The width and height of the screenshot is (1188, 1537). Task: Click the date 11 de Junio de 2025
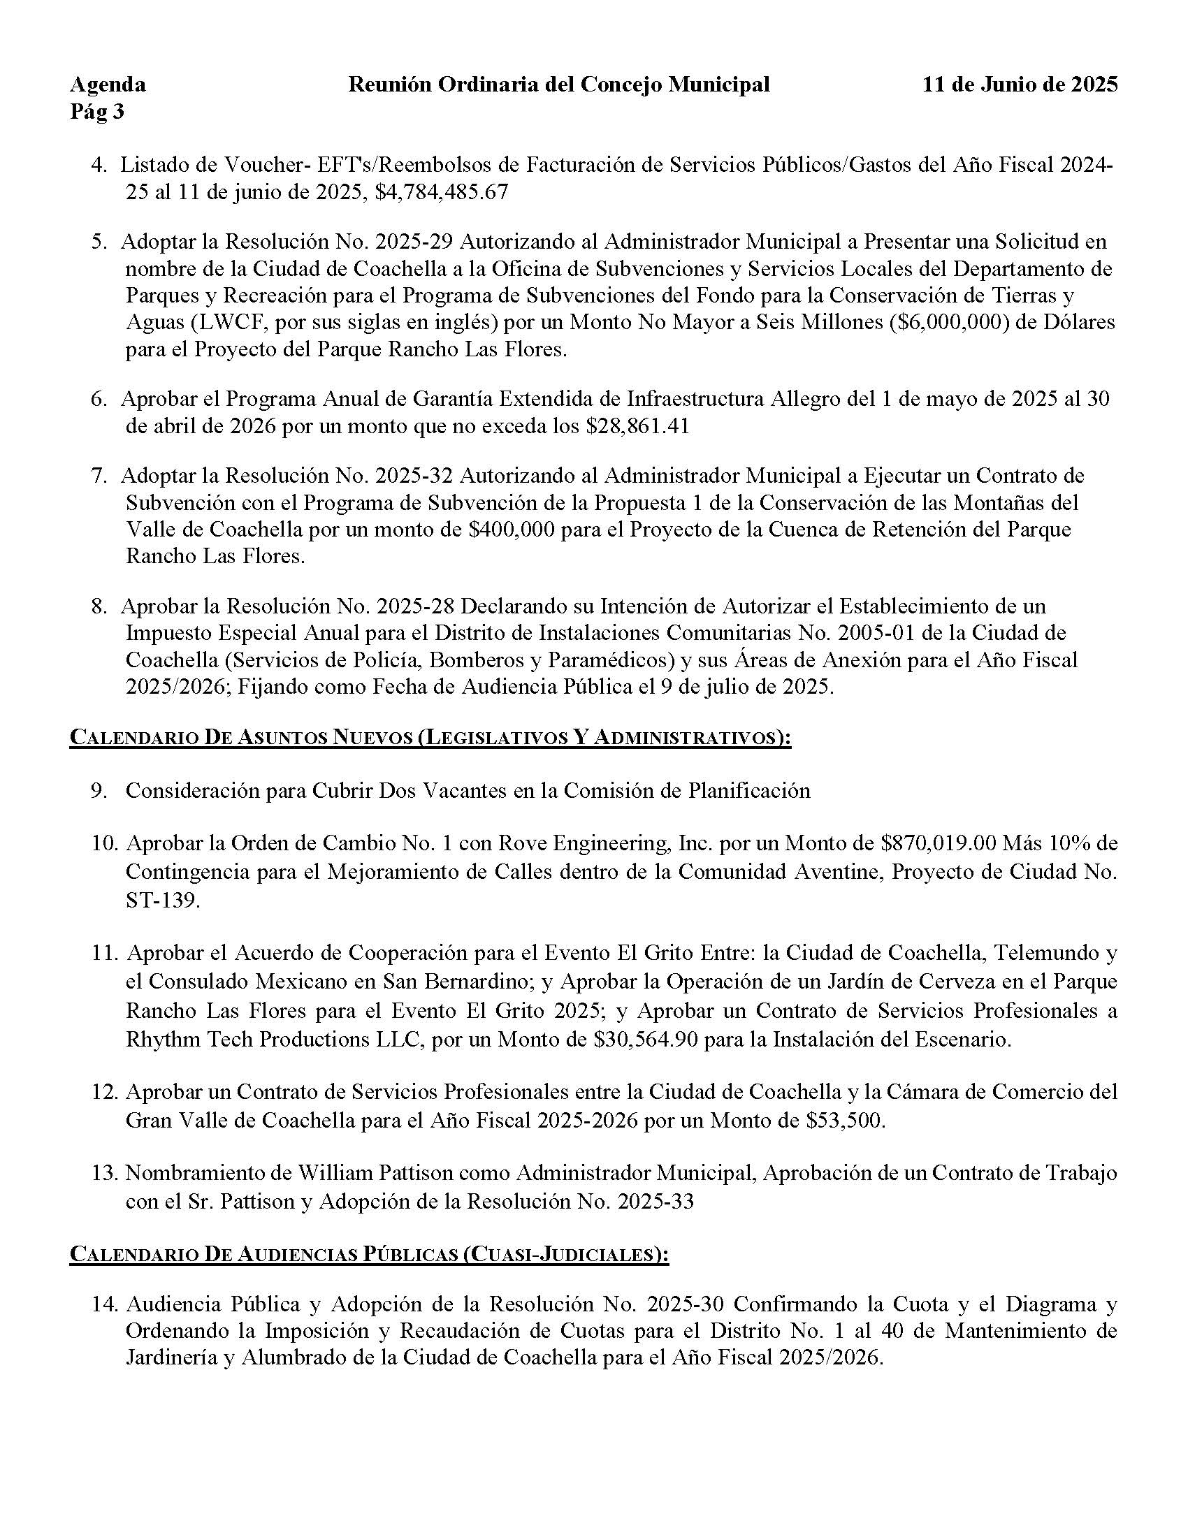(1020, 85)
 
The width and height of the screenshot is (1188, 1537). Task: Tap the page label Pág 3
(97, 112)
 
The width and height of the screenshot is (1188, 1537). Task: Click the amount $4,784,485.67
(441, 193)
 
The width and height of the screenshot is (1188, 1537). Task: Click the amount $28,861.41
(637, 426)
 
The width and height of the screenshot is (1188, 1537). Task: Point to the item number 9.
(99, 791)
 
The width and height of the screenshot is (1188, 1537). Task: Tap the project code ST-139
(163, 901)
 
